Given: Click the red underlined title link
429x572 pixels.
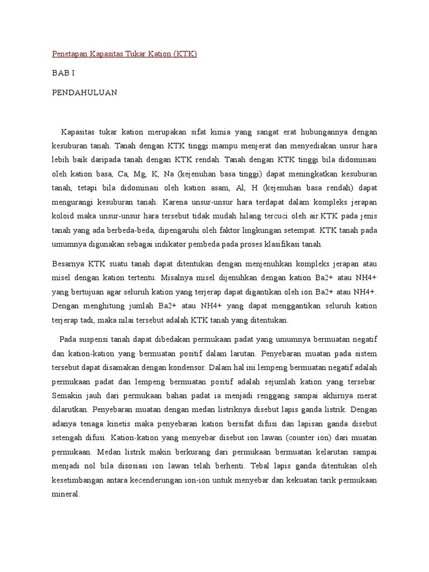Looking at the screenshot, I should coord(125,54).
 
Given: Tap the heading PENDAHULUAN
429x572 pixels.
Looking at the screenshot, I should coord(84,93).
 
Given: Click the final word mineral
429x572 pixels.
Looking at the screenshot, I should coord(66,495).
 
